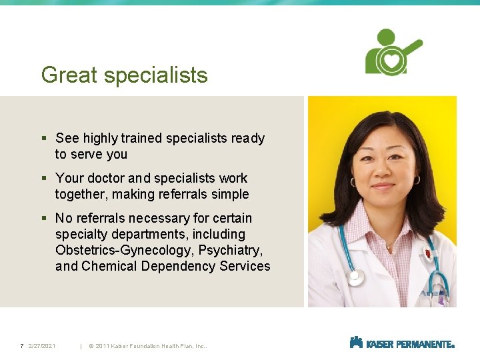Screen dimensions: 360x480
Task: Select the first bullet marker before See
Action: tap(44, 139)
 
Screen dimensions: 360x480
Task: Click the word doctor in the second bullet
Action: tap(104, 178)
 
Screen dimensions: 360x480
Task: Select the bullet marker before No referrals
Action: tap(44, 219)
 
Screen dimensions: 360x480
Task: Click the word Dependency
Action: tap(175, 266)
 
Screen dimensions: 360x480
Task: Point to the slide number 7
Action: tap(22, 345)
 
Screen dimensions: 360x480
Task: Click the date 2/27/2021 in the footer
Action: tap(42, 345)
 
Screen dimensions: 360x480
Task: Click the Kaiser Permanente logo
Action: tap(402, 343)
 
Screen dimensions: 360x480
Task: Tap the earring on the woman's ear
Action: tap(417, 181)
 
